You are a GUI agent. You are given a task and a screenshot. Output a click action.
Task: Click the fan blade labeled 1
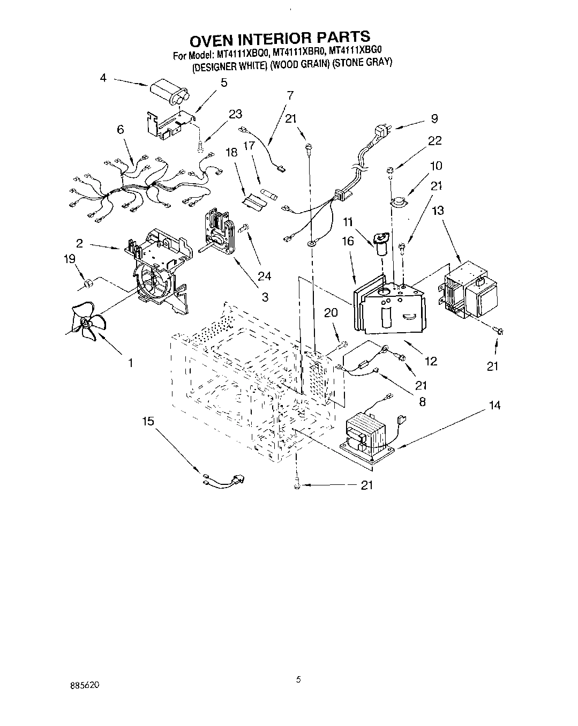(87, 323)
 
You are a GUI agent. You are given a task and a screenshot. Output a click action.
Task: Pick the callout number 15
(148, 421)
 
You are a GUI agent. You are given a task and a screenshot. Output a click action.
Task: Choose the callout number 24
(264, 276)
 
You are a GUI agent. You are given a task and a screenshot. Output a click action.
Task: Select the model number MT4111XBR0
(297, 52)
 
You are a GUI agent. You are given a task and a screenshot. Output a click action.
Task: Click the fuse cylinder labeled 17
(267, 192)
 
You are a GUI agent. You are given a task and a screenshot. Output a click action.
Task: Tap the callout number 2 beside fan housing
(79, 243)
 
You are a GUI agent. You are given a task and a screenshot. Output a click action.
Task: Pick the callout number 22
(434, 140)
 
